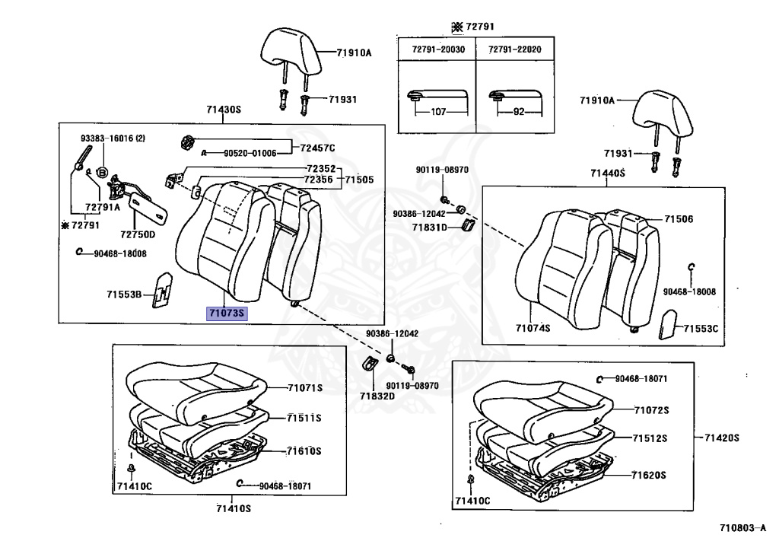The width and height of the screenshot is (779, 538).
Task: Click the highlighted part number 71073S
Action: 227,313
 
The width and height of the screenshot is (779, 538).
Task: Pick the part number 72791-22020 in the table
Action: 514,49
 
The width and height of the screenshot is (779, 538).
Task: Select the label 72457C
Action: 317,147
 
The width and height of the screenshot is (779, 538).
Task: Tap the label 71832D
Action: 377,396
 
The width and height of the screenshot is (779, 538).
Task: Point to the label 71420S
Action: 722,438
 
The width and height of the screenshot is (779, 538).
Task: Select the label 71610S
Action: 304,451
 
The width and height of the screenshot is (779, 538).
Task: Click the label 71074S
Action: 532,328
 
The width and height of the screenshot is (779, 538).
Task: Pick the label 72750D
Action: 136,234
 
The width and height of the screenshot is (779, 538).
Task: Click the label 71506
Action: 679,219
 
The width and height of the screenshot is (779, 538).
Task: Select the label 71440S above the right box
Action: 606,173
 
